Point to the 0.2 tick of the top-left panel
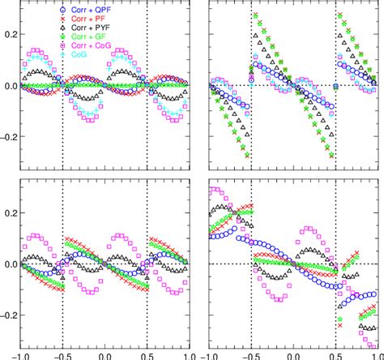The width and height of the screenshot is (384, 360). pos(8,34)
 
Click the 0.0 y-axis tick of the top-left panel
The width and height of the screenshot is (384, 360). pos(8,86)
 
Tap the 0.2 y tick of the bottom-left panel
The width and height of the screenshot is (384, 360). pos(8,212)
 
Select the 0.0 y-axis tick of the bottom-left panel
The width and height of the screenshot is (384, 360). pos(8,264)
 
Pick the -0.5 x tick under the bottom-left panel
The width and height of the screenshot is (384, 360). pos(62,354)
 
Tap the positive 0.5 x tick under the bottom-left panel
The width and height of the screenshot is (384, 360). pos(147,354)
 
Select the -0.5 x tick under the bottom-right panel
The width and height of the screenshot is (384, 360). pos(249,354)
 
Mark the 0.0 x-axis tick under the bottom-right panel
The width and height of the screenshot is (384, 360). pos(292,354)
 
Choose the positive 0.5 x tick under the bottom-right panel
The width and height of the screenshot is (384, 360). pos(335,354)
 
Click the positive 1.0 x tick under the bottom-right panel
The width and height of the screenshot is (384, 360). pos(374,354)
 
